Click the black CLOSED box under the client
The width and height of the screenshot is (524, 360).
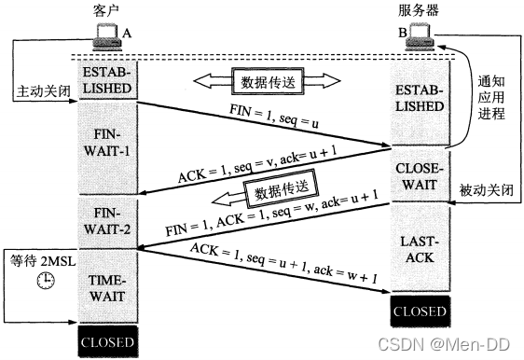click(107, 341)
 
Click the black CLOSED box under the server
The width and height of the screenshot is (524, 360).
click(417, 310)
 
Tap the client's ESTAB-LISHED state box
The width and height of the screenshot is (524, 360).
click(107, 79)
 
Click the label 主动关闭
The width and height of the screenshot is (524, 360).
click(38, 93)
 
